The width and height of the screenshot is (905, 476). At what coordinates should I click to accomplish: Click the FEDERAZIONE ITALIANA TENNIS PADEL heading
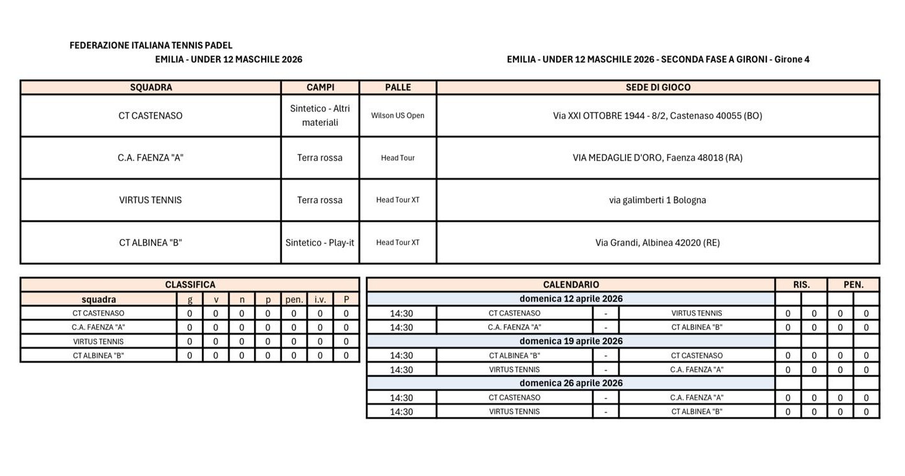(x=151, y=46)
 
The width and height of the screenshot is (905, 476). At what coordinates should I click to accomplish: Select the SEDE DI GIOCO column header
(x=658, y=87)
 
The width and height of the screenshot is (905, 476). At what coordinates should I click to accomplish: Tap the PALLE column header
(x=398, y=87)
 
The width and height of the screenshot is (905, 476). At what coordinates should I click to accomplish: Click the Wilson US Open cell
(x=398, y=116)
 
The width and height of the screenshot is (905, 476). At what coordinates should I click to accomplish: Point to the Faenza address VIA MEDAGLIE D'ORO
(x=657, y=158)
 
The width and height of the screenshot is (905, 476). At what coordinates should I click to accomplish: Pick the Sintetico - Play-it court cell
(x=320, y=243)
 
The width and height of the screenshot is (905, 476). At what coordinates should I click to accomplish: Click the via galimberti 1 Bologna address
(x=657, y=200)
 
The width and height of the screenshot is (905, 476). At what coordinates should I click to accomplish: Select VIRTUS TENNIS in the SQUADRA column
(x=150, y=200)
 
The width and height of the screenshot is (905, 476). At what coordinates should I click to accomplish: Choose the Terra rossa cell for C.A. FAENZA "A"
(x=320, y=158)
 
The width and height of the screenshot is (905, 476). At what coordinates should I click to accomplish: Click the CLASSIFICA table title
(x=190, y=284)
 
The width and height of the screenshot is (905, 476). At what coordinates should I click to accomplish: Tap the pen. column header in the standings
(x=294, y=299)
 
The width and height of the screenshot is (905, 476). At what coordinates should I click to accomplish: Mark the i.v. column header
(x=320, y=299)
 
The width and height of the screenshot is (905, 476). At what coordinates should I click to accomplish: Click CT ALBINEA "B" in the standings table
(x=99, y=355)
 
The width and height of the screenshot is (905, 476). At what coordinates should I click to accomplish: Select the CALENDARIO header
(x=571, y=284)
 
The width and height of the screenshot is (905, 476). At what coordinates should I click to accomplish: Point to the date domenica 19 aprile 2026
(x=571, y=341)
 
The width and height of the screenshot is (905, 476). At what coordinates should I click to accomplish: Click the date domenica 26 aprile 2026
(x=571, y=383)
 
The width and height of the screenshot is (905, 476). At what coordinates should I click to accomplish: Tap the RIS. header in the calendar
(x=801, y=284)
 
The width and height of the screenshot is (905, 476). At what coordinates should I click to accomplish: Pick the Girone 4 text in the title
(x=791, y=59)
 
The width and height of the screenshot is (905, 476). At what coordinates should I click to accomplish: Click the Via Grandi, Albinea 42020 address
(x=657, y=243)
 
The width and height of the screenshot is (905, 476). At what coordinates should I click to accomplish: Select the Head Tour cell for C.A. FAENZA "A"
(x=398, y=158)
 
